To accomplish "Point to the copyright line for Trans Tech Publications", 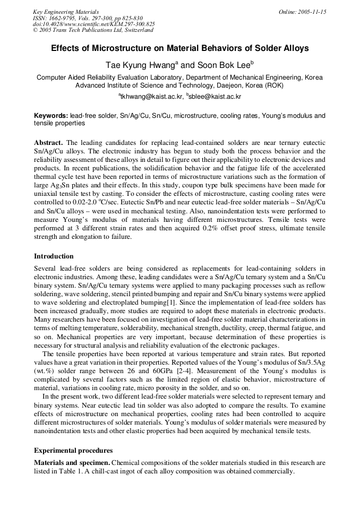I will coord(93,30).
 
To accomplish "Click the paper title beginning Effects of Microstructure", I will coord(179,48).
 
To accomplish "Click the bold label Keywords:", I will coord(51,116).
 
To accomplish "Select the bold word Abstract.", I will coord(48,143).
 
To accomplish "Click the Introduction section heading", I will coord(54,256).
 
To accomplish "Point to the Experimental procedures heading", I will coord(73,451).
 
